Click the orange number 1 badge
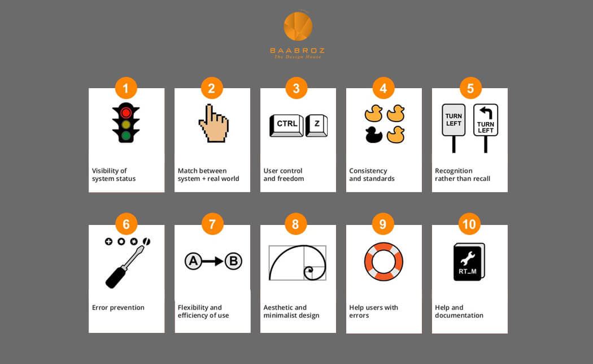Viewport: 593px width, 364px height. (125, 88)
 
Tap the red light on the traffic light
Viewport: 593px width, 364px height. (126, 112)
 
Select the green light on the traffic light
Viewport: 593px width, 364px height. (126, 135)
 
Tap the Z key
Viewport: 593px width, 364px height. (316, 125)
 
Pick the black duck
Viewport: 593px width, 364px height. (374, 135)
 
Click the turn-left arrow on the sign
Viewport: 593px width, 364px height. (486, 112)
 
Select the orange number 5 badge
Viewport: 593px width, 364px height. (470, 88)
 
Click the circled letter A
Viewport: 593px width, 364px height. (193, 261)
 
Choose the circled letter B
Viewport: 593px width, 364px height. (233, 261)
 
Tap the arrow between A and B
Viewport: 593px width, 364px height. (212, 261)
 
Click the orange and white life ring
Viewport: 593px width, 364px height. (383, 262)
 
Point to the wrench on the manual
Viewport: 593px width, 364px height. (468, 259)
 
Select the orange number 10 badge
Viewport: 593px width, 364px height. (469, 224)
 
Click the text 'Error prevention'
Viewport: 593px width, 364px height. (118, 307)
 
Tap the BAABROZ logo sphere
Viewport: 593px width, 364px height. (298, 26)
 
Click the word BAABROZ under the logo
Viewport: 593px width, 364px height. (297, 50)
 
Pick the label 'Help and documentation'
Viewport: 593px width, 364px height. (459, 311)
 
